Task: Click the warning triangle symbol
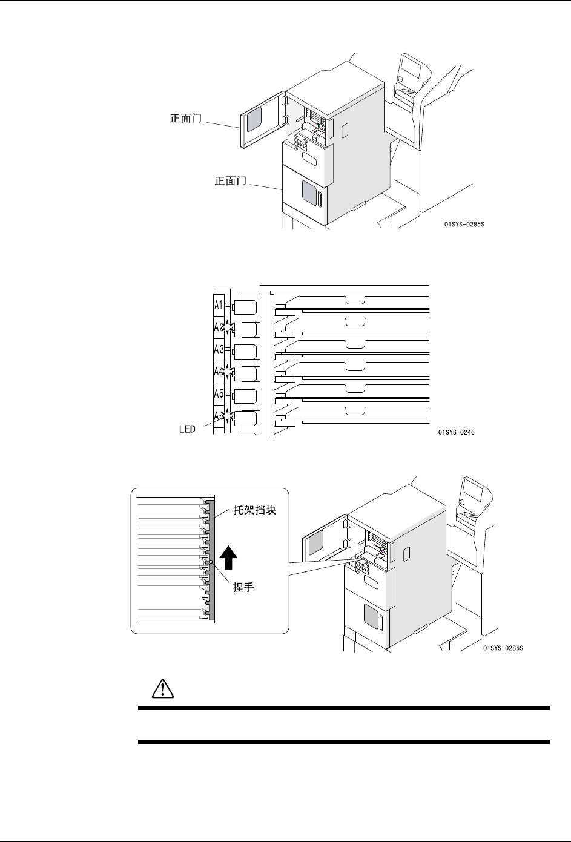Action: pos(162,689)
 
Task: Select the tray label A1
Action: pos(219,304)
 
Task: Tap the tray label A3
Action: pos(219,349)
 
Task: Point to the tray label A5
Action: pos(219,394)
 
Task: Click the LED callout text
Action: pos(186,429)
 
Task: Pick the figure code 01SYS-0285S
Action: pos(464,225)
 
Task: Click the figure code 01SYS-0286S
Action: pos(503,648)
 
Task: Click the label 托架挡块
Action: pos(255,510)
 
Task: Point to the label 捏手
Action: pos(243,588)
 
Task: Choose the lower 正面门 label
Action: pos(231,180)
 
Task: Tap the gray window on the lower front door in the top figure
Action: pos(309,196)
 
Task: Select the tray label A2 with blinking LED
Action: pos(219,327)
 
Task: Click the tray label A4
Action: pos(219,372)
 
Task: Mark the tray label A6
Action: pos(219,416)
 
